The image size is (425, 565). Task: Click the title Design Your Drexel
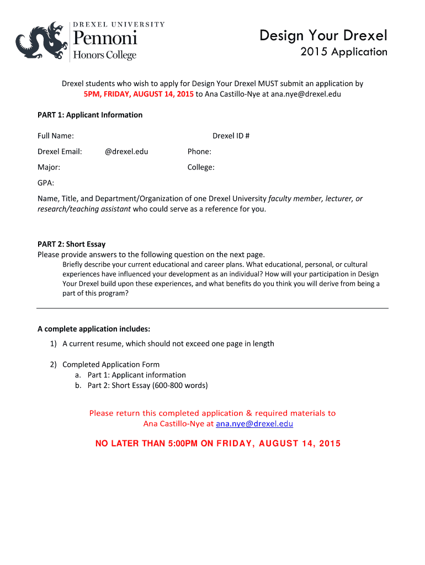coord(323,36)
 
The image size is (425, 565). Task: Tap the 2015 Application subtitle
coord(343,52)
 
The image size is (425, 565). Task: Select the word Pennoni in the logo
coord(105,39)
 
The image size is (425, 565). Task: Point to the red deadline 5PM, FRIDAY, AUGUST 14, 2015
coord(139,94)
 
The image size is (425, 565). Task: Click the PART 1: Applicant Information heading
coord(90,115)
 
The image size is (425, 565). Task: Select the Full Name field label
coord(56,136)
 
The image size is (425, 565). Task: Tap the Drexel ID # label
coord(231,136)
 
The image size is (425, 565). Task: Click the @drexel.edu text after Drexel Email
coord(126,151)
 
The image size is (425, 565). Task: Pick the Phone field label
coord(199,151)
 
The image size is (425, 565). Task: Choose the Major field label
coord(49,167)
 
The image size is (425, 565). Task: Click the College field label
coord(201,167)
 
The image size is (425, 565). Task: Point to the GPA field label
coord(46,182)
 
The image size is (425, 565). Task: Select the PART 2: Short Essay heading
coord(71,244)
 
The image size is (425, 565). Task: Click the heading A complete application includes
coord(94,329)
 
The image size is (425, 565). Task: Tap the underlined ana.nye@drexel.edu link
coord(254,424)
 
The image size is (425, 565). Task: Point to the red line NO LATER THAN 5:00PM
coord(218,444)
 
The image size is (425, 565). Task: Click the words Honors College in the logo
coord(105,55)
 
